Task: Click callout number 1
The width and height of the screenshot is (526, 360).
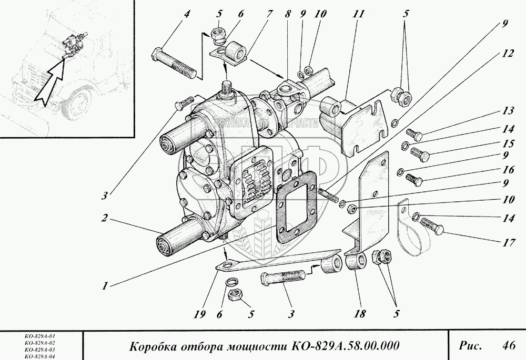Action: tap(105, 286)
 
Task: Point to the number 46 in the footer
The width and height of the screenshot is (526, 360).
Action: tap(508, 345)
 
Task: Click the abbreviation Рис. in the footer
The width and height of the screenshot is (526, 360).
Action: tap(470, 345)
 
